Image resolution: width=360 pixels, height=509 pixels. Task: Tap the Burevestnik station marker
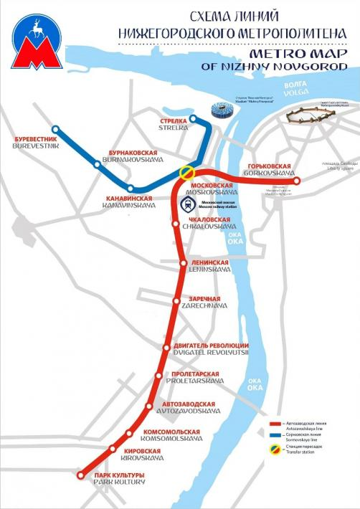click(55, 130)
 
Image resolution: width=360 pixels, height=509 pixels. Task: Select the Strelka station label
click(174, 124)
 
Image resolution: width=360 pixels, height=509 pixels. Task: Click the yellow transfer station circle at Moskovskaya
click(186, 173)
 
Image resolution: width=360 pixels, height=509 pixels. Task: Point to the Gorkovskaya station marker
click(297, 181)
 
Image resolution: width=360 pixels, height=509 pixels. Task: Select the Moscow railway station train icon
click(186, 203)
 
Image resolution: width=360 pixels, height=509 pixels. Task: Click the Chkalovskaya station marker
click(176, 224)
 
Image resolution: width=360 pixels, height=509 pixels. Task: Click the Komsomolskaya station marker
click(129, 433)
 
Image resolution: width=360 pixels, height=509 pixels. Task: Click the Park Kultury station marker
click(80, 475)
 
